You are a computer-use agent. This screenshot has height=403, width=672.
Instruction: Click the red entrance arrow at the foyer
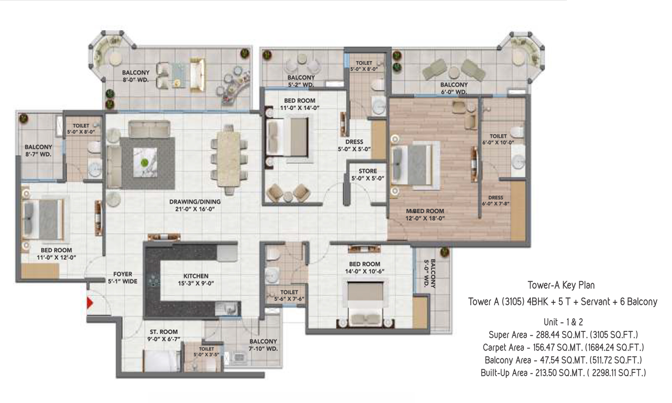pyautogui.click(x=90, y=303)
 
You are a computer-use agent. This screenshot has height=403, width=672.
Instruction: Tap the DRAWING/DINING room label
pyautogui.click(x=195, y=206)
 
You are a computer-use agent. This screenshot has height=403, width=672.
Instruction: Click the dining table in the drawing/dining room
pyautogui.click(x=228, y=159)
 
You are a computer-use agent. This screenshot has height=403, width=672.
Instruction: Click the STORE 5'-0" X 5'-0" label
pyautogui.click(x=368, y=175)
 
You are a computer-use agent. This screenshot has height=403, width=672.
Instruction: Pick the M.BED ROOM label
pyautogui.click(x=425, y=214)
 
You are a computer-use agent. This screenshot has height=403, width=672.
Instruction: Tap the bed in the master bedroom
pyautogui.click(x=415, y=165)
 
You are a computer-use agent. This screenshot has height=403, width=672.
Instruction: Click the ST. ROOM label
pyautogui.click(x=164, y=335)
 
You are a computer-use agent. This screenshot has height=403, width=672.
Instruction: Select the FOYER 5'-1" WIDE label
pyautogui.click(x=123, y=278)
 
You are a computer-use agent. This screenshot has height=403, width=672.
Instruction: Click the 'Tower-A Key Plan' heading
pyautogui.click(x=561, y=285)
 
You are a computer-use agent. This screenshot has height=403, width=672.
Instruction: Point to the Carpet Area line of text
pyautogui.click(x=563, y=347)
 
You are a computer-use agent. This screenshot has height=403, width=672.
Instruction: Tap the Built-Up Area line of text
pyautogui.click(x=563, y=373)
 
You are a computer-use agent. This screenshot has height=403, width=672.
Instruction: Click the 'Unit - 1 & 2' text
pyautogui.click(x=563, y=322)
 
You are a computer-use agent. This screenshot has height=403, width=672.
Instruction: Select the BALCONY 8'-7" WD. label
pyautogui.click(x=38, y=150)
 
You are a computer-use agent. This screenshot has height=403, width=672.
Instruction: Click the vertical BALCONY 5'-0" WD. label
pyautogui.click(x=430, y=274)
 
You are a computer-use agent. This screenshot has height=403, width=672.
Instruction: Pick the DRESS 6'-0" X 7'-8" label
pyautogui.click(x=495, y=201)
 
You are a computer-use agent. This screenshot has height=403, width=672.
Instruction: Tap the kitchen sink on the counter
pyautogui.click(x=228, y=309)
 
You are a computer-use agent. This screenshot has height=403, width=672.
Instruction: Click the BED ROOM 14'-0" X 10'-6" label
pyautogui.click(x=365, y=267)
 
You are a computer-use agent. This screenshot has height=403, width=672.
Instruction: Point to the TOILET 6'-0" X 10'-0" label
pyautogui.click(x=498, y=139)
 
